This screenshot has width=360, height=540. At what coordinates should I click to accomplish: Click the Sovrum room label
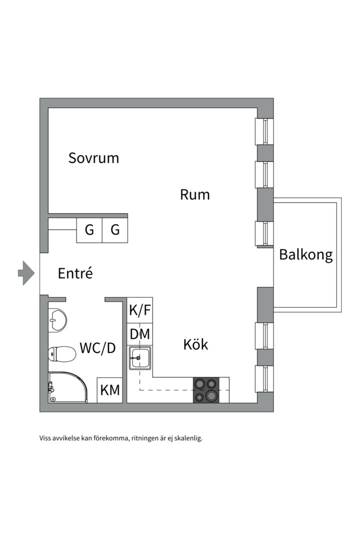94,158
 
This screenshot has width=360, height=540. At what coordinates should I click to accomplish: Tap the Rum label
194,194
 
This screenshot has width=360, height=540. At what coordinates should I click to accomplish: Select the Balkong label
305,254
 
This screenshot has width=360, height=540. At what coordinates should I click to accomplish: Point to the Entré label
75,273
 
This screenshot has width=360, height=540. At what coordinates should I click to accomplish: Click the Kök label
195,344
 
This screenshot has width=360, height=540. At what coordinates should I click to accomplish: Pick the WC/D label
97,348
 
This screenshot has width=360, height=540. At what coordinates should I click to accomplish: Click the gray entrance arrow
25,273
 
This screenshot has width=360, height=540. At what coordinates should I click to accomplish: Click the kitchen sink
140,358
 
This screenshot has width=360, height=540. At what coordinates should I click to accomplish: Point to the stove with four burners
206,390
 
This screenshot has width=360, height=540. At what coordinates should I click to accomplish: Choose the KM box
110,390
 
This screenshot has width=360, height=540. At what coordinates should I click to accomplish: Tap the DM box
139,334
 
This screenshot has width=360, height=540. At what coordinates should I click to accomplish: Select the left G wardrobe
89,230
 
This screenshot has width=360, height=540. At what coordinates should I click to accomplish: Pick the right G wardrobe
115,230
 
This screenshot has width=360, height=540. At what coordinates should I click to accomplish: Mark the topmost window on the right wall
265,131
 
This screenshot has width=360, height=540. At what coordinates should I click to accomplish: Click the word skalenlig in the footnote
186,438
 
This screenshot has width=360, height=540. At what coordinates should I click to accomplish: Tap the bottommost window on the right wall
265,379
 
